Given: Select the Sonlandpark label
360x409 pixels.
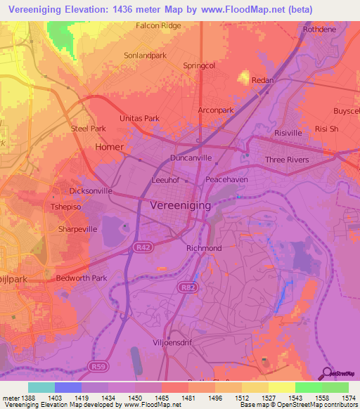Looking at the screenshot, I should click(145, 54).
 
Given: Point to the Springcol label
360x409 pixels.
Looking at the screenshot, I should click(198, 65).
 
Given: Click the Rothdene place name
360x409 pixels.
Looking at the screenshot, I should click(320, 30).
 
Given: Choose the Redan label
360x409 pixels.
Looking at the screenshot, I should click(262, 81).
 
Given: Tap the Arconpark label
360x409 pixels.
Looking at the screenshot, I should click(215, 110).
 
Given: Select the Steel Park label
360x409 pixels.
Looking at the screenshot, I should click(88, 129).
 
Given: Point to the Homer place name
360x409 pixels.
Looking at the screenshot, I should click(109, 147).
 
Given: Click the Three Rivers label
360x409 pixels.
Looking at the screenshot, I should click(286, 160).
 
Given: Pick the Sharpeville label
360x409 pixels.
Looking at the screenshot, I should click(77, 229).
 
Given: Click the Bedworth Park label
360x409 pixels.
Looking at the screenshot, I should click(82, 278).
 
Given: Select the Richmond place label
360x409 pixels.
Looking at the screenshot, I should click(204, 248).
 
